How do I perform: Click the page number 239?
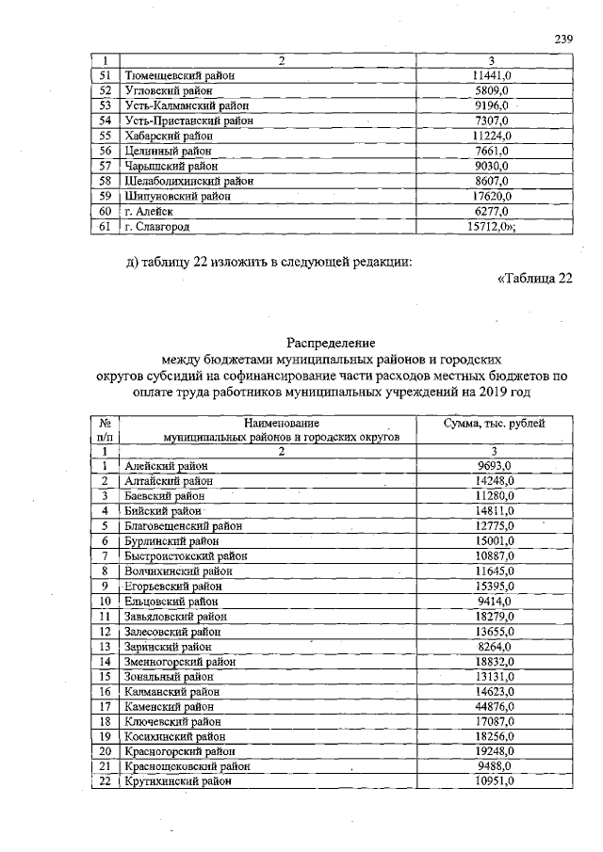tap(563, 40)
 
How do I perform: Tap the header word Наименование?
tap(281, 425)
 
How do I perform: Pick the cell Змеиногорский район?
tap(180, 662)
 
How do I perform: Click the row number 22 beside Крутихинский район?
tap(106, 780)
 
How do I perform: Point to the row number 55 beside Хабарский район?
tap(106, 137)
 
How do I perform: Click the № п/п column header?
tap(106, 431)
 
